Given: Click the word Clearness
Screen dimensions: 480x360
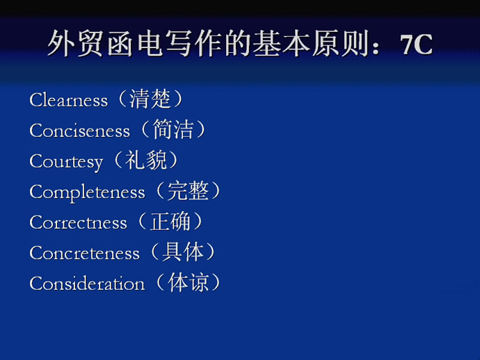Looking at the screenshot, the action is coord(69,100).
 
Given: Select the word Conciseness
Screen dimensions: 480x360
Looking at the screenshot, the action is coord(79,131).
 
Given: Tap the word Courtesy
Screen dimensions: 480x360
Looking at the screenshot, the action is coord(66,162).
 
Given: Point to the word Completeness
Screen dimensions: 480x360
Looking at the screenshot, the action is coord(87,193).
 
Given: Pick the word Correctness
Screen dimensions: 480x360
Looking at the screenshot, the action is coord(78,222).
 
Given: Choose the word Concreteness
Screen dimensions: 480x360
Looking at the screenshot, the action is coord(84,253).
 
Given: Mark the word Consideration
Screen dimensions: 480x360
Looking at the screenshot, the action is coord(87,284).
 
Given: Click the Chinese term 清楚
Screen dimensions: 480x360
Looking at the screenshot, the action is coord(150,99).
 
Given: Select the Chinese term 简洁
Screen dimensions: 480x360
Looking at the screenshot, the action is coord(173,129).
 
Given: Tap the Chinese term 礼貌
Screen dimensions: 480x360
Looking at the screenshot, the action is coord(145,160).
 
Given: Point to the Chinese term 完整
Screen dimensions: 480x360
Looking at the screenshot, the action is coord(188,190).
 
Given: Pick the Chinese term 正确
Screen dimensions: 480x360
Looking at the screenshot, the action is coord(170,221).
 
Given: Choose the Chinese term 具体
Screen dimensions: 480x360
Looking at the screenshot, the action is coord(183,252).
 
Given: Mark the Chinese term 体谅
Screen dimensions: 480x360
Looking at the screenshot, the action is coord(188,282).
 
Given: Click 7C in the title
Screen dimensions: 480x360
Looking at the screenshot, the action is coord(416,44).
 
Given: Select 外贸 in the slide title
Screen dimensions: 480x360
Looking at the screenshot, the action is coord(75,43).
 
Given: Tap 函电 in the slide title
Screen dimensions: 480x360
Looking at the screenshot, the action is coord(135,43).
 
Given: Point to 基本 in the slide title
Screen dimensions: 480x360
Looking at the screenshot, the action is coord(281,43).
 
